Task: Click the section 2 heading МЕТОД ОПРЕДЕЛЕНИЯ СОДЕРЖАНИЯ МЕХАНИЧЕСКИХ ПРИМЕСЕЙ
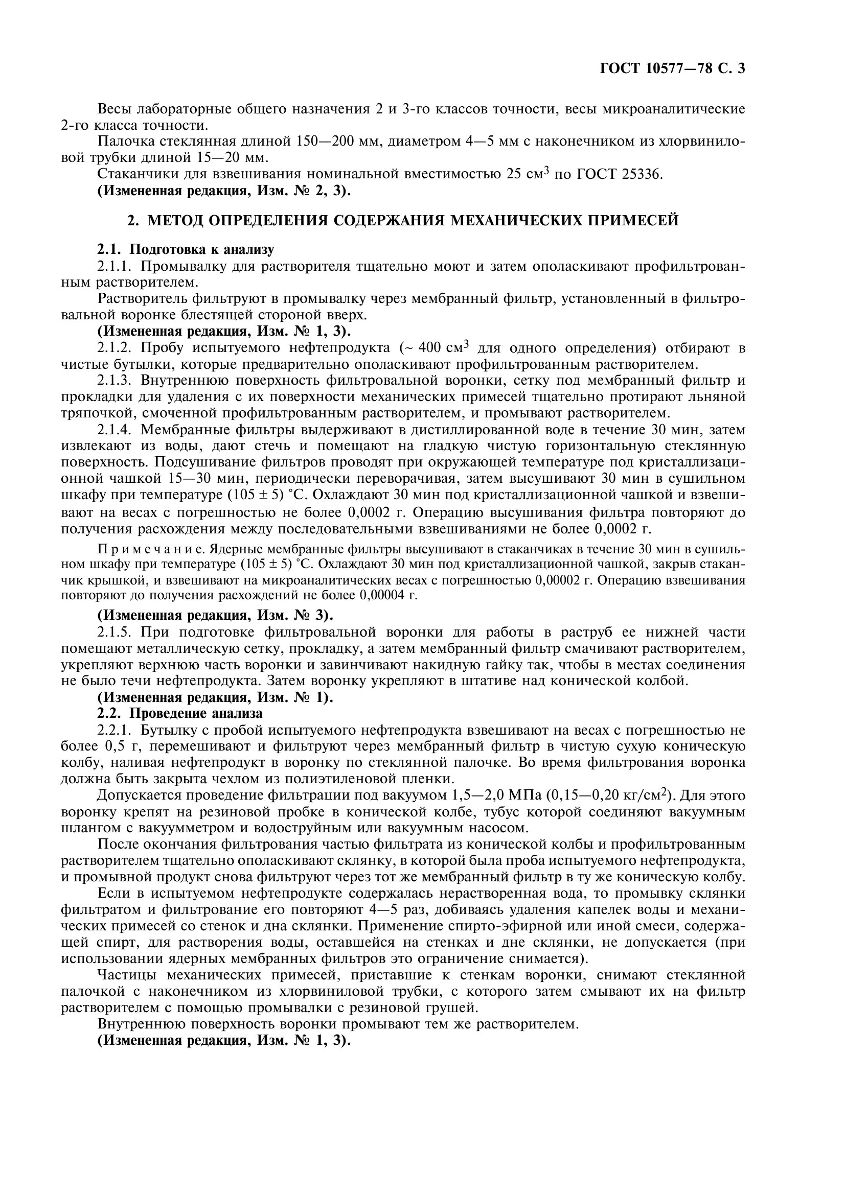(403, 221)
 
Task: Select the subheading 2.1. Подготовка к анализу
(186, 250)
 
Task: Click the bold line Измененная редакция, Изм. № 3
(216, 615)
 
